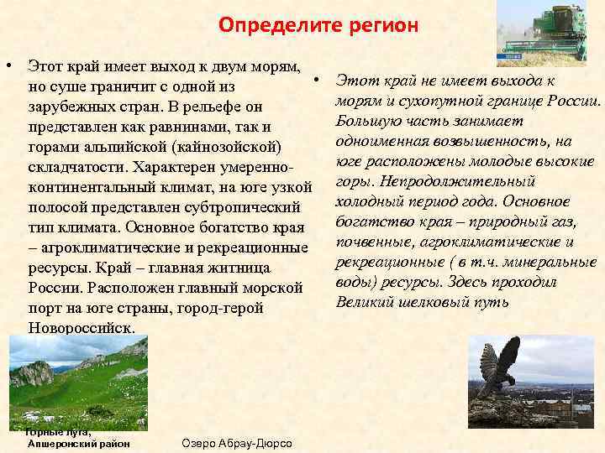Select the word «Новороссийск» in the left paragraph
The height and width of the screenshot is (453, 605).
pyautogui.click(x=81, y=328)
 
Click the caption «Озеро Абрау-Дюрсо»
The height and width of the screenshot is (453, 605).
pyautogui.click(x=236, y=442)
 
